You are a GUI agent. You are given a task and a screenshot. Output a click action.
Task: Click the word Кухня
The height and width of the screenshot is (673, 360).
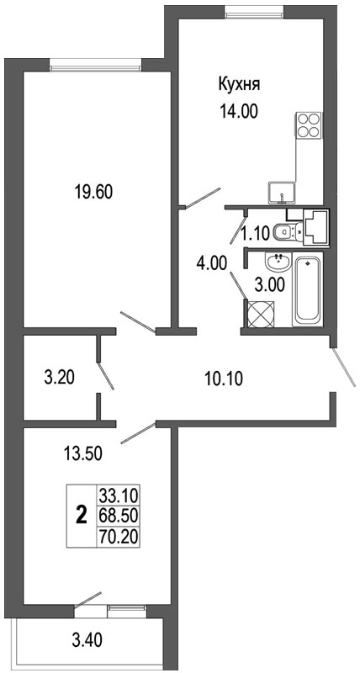point(240,85)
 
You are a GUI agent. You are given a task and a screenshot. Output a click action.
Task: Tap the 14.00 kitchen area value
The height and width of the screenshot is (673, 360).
point(239,112)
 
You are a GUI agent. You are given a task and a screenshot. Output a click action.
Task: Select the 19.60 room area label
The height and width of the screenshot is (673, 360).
point(93,193)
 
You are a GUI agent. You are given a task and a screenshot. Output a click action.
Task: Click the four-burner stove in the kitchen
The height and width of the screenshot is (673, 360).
point(309,125)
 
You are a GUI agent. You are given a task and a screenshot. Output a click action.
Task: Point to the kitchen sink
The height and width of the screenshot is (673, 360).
point(282,193)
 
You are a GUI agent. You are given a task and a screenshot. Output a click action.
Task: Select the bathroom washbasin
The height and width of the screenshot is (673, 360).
point(278,262)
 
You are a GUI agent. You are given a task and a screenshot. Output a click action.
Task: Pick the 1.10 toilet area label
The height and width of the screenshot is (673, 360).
point(255,234)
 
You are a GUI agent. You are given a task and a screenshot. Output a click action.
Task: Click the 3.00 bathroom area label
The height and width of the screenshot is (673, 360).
point(269,285)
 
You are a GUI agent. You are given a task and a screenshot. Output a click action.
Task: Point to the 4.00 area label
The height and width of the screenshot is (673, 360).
point(211,262)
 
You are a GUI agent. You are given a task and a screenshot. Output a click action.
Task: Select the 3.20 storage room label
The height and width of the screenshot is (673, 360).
point(59,378)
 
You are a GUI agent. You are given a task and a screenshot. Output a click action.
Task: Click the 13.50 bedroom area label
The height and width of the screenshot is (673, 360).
point(82,453)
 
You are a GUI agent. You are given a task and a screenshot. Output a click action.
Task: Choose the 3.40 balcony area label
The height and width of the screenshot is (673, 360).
point(87,641)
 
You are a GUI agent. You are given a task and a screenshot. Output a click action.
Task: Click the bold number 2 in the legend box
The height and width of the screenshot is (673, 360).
point(81,515)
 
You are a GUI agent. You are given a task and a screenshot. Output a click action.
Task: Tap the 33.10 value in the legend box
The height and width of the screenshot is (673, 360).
point(118,496)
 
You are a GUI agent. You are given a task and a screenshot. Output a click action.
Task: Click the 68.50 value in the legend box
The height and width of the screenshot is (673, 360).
point(118,517)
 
